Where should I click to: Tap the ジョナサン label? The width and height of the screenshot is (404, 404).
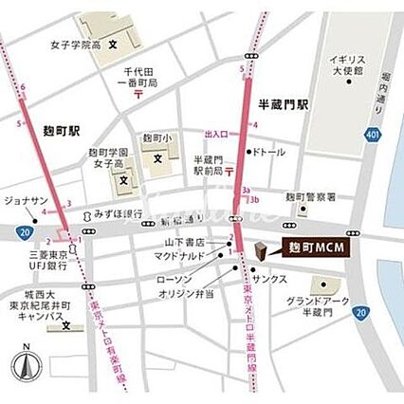25,201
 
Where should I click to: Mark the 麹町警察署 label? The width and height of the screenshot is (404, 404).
311,197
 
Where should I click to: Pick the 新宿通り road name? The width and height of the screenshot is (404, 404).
175,221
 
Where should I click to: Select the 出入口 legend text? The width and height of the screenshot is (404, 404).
218,134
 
